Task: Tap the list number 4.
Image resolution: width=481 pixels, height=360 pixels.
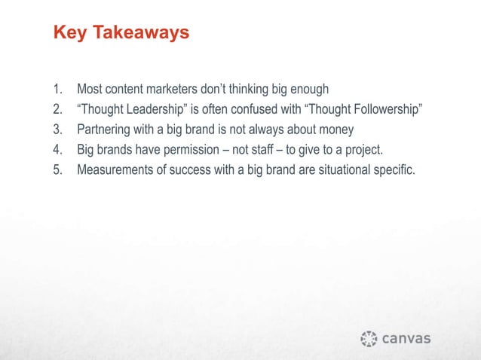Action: coord(57,148)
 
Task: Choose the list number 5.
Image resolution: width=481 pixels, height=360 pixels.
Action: coord(57,166)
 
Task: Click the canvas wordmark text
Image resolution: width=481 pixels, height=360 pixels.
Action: coord(408,338)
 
